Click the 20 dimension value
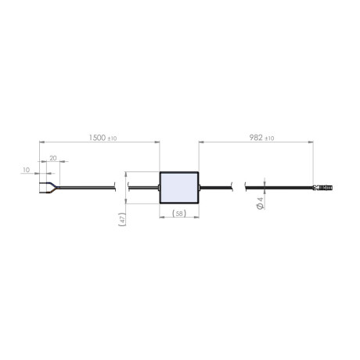click(x=52, y=157)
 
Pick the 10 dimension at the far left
click(x=26, y=169)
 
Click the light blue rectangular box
click(x=179, y=188)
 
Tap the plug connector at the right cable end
click(x=323, y=188)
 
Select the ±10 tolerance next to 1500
click(x=113, y=139)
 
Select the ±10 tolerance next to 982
click(x=269, y=139)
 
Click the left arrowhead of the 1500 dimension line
click(x=41, y=142)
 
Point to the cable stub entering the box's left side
click(x=156, y=187)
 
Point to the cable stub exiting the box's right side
click(x=203, y=187)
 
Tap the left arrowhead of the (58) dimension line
click(x=162, y=208)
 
